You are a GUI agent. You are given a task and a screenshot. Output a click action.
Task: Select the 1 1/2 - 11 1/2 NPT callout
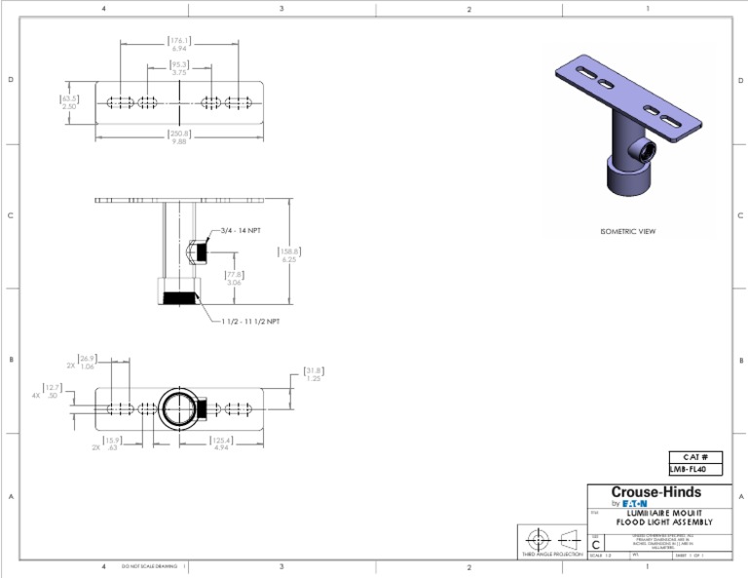250,321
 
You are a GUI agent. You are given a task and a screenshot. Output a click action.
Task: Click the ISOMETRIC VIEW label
627,232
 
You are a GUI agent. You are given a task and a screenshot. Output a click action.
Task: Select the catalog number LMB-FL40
694,469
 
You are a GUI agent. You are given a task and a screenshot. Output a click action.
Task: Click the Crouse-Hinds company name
657,492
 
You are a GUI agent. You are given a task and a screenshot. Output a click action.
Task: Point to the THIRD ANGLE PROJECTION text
553,554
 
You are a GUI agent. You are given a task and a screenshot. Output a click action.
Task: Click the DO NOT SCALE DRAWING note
149,565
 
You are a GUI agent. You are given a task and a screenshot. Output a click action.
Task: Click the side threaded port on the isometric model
643,151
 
